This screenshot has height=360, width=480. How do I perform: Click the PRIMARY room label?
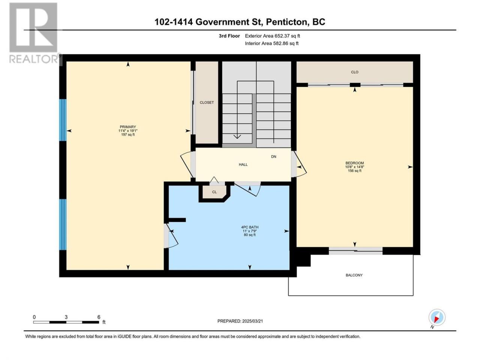click(x=128, y=127)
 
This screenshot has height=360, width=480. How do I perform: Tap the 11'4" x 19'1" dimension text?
click(x=128, y=131)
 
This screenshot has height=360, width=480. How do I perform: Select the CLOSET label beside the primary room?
click(x=207, y=102)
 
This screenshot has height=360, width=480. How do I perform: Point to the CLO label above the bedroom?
click(x=354, y=72)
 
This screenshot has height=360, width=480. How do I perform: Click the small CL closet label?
click(x=214, y=192)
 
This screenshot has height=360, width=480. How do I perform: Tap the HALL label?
click(x=243, y=165)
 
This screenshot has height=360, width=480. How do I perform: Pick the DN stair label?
click(x=274, y=157)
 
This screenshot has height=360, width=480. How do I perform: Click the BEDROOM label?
click(x=354, y=163)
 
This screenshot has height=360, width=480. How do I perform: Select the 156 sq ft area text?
click(x=354, y=171)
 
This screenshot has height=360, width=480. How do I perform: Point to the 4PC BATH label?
click(x=250, y=227)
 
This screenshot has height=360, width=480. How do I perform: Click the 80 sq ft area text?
click(x=250, y=235)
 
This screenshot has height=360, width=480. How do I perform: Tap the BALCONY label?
click(x=354, y=275)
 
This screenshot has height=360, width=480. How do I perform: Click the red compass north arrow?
click(x=436, y=320)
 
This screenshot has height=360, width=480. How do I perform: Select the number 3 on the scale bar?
click(x=66, y=317)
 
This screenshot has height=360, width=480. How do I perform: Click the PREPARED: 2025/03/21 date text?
click(x=240, y=321)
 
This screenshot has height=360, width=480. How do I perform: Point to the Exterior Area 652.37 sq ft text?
click(x=273, y=36)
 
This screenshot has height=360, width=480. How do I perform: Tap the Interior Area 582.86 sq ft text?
click(x=271, y=43)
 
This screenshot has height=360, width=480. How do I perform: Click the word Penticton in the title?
click(x=287, y=22)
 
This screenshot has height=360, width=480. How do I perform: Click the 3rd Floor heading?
click(x=229, y=36)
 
